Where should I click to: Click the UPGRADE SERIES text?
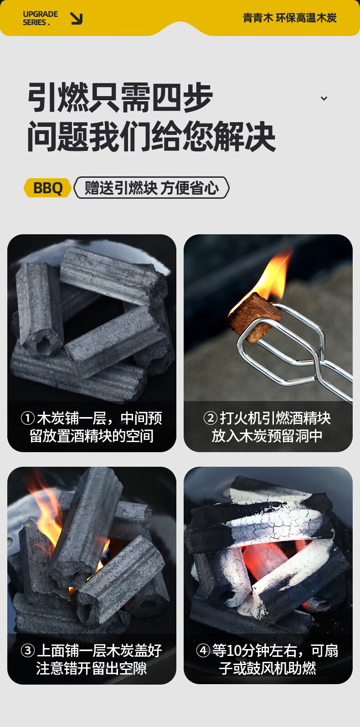40,18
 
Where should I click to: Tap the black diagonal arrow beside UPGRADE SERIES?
77,18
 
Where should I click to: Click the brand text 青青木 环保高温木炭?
289,18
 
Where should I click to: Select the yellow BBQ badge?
47,188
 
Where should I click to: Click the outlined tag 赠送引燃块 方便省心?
152,188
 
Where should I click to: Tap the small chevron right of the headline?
324,98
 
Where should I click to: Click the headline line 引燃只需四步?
120,98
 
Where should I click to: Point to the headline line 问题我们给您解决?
151,136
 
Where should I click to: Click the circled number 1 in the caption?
28,418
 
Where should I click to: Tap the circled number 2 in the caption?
211,418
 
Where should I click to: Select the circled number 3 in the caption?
28,650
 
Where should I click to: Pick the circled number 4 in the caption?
203,650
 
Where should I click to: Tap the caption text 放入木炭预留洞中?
267,436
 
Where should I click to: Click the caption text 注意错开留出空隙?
92,668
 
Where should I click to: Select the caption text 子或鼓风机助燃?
267,668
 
